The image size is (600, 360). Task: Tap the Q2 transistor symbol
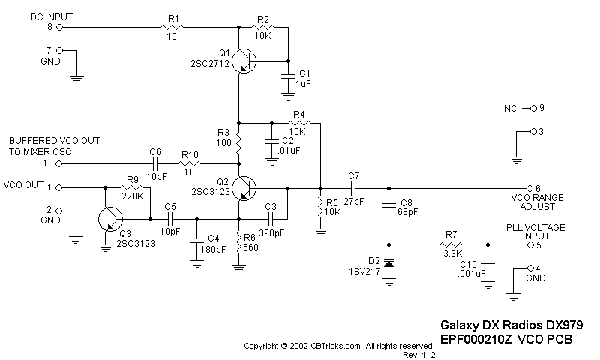click(243, 187)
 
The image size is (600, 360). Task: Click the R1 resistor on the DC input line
click(173, 26)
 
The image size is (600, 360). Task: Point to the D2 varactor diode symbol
click(388, 262)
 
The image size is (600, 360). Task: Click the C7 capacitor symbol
click(353, 187)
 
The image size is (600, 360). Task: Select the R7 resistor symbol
click(450, 244)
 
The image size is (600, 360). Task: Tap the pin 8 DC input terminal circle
click(60, 26)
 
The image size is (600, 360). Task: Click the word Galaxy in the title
click(455, 325)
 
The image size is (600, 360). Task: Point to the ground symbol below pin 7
click(75, 76)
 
